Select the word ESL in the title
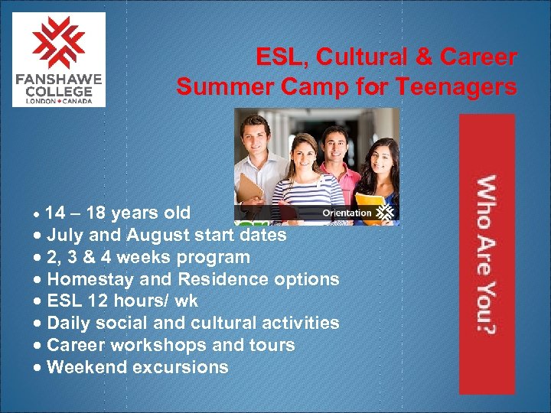pyautogui.click(x=277, y=57)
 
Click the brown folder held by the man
pyautogui.click(x=250, y=188)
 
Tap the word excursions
pyautogui.click(x=181, y=367)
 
